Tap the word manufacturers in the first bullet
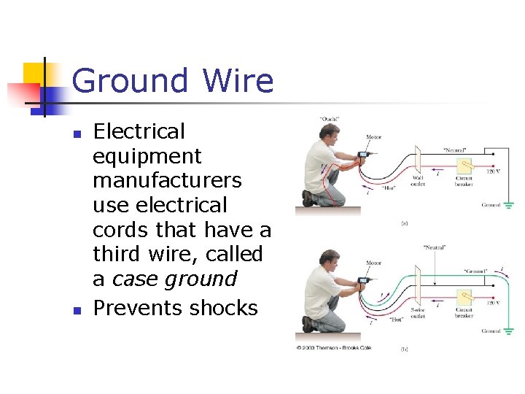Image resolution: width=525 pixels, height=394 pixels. click(167, 180)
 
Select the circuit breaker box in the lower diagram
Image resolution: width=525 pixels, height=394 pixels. click(464, 296)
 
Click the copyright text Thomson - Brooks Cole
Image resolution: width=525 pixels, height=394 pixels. click(335, 347)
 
